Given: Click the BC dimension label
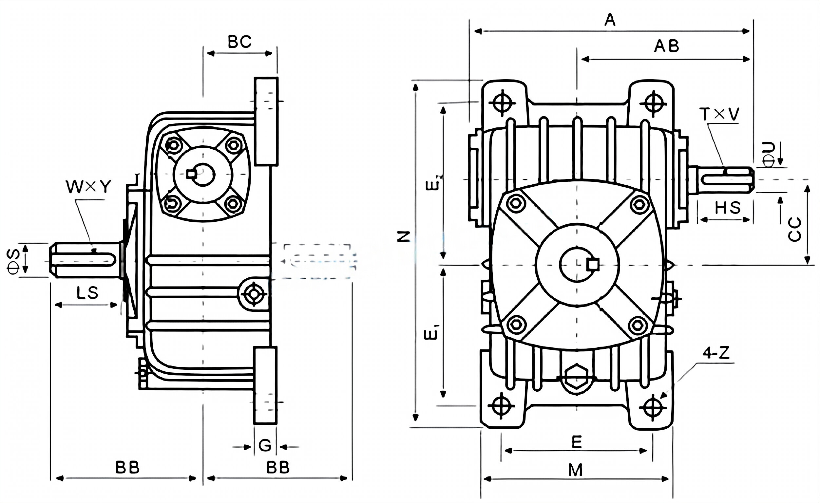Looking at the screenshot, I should [239, 42].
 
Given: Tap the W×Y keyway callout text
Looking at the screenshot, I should [88, 187].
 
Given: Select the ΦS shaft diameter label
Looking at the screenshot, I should [14, 261].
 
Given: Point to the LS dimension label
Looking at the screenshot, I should [87, 293].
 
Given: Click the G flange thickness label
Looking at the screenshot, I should [265, 445].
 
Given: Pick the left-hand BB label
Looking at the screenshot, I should [127, 467].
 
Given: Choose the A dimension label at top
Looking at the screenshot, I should [610, 20].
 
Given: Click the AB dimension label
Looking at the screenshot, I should [666, 46].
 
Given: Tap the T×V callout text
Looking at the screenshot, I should [719, 114].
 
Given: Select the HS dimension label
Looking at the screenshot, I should [728, 208].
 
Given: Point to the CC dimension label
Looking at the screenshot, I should [795, 229].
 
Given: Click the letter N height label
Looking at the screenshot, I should [404, 237].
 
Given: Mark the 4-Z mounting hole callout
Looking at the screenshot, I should [716, 353].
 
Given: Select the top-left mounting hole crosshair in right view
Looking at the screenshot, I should [502, 103].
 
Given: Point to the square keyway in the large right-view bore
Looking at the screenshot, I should [593, 265].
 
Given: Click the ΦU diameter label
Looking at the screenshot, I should [769, 155].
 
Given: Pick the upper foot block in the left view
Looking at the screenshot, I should [266, 121].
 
